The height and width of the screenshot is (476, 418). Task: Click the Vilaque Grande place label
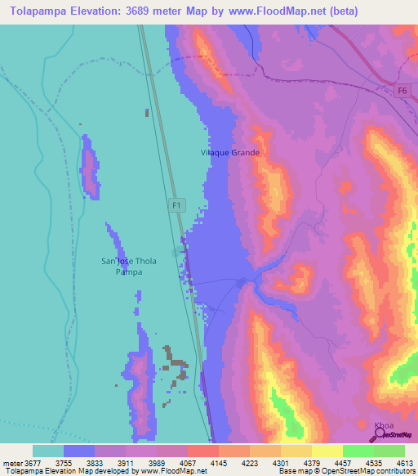(230, 153)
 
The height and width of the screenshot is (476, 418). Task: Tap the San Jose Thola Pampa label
(128, 266)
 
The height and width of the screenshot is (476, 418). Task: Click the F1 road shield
(177, 205)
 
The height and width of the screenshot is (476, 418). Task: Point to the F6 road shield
(401, 92)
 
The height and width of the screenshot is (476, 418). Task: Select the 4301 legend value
(280, 463)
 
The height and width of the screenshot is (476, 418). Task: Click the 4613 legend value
(404, 463)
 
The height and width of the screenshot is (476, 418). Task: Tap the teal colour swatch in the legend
(48, 451)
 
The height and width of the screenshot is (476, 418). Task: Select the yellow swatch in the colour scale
(327, 451)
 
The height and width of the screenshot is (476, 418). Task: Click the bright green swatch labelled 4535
(358, 451)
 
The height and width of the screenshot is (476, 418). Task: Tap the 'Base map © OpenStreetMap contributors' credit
(348, 471)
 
